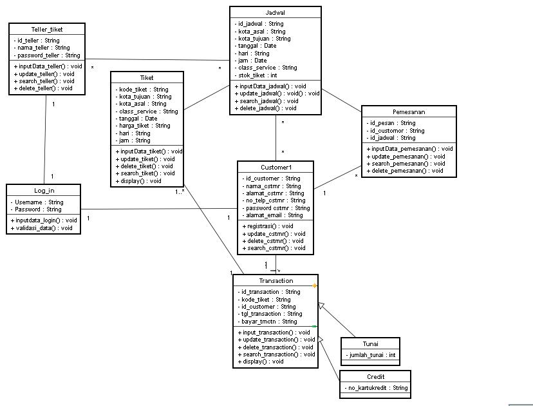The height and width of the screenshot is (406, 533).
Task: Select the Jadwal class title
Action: point(275,12)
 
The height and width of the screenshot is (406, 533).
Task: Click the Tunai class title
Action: point(370,343)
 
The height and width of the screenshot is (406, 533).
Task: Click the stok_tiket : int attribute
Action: point(256,75)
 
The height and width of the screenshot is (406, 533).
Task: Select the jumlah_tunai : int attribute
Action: point(371,355)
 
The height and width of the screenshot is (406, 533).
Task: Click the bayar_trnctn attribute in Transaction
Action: point(269,321)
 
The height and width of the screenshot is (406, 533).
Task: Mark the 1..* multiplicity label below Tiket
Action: point(179,192)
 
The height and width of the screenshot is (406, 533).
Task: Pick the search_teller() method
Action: point(43,81)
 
